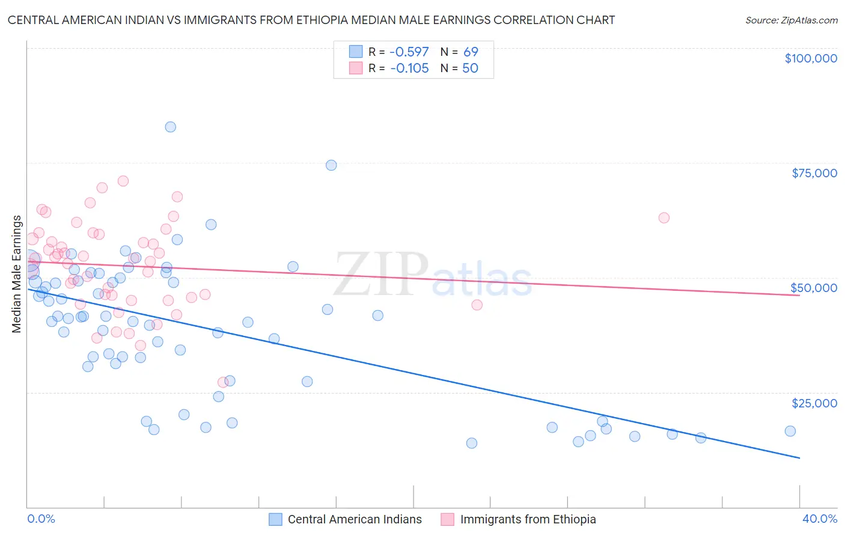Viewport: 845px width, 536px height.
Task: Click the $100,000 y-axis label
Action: click(811, 58)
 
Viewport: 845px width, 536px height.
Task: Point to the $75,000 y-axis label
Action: click(814, 173)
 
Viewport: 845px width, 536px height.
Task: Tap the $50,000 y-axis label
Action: click(814, 288)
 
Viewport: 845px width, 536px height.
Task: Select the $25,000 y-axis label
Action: click(814, 403)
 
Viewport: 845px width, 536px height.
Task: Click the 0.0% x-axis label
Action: click(41, 519)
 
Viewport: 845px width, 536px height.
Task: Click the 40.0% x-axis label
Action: click(820, 519)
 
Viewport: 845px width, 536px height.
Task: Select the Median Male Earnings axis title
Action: click(17, 274)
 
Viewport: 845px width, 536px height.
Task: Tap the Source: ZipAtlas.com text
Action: click(792, 20)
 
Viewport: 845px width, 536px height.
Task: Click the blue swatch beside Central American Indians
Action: click(275, 519)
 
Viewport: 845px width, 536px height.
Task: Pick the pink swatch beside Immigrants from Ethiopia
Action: click(447, 519)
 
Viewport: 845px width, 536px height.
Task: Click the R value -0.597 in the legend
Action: click(409, 52)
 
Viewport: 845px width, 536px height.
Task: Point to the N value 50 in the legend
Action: click(470, 69)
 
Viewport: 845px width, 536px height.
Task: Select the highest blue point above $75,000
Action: click(171, 127)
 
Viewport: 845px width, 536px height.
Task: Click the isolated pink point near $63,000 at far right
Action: click(664, 218)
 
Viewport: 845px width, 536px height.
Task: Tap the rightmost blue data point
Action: click(790, 431)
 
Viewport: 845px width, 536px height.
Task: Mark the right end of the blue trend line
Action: click(800, 458)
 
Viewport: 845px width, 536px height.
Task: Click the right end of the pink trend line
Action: click(800, 295)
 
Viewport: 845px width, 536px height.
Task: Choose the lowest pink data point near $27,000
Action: click(223, 382)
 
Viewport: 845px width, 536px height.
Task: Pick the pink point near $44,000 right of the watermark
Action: click(477, 305)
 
